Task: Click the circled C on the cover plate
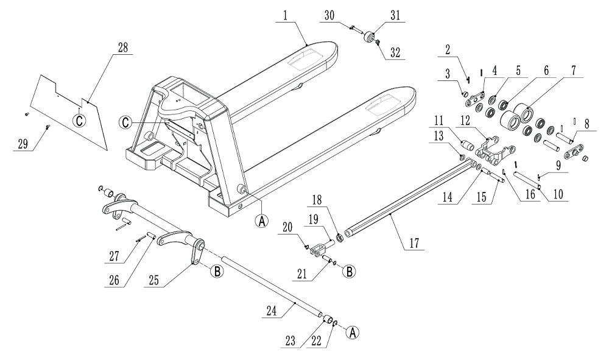pos(79,119)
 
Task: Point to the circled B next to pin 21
pos(349,272)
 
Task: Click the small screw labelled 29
pos(47,127)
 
